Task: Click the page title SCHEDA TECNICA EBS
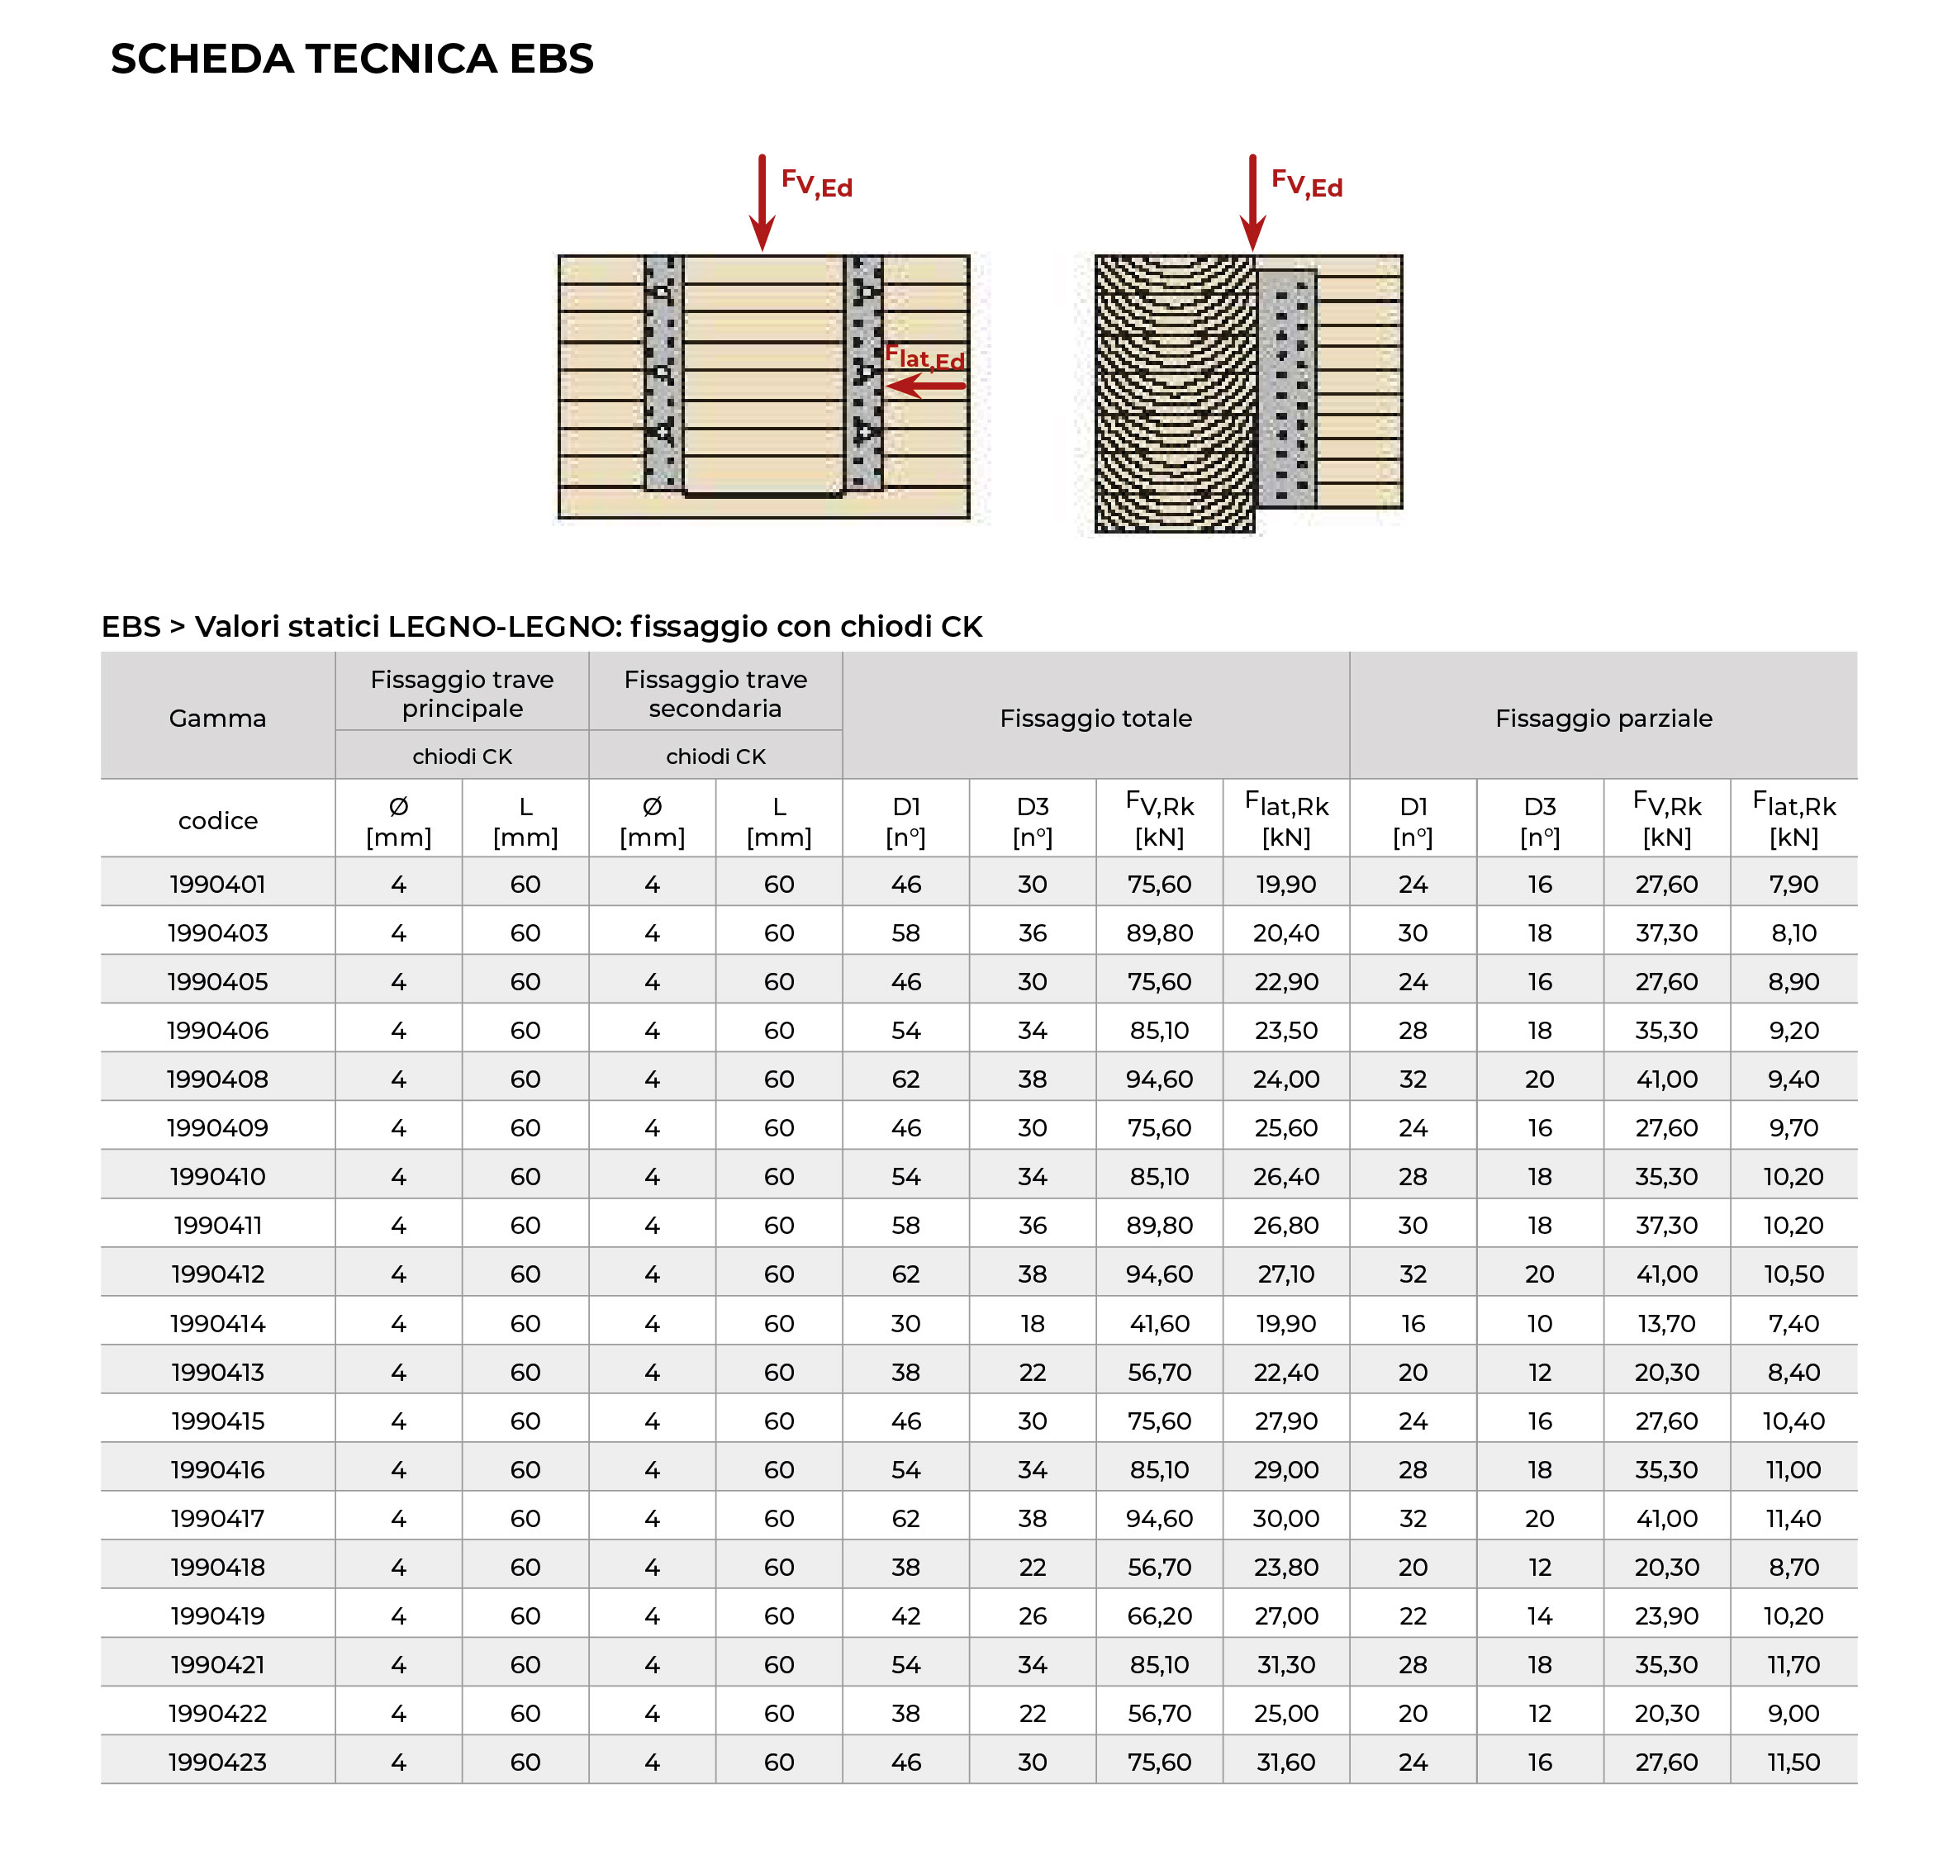[351, 59]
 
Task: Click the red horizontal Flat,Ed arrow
[924, 386]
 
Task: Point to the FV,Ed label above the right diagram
[1306, 184]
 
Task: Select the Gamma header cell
[217, 718]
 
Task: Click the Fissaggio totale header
[1095, 718]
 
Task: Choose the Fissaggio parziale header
[1603, 718]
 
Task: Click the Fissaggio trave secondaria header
[715, 693]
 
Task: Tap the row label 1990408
[217, 1079]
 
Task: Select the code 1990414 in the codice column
[217, 1323]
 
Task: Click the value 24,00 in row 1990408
[1285, 1079]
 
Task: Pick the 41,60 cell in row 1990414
[1159, 1323]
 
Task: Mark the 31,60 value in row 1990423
[1285, 1762]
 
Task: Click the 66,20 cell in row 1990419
[1159, 1615]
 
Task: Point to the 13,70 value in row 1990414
[1666, 1323]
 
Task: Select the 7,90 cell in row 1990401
[1793, 884]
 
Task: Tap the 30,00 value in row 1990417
[1285, 1518]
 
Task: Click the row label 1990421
[217, 1664]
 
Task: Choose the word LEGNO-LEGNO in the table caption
[503, 626]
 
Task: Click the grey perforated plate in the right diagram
[1285, 387]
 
